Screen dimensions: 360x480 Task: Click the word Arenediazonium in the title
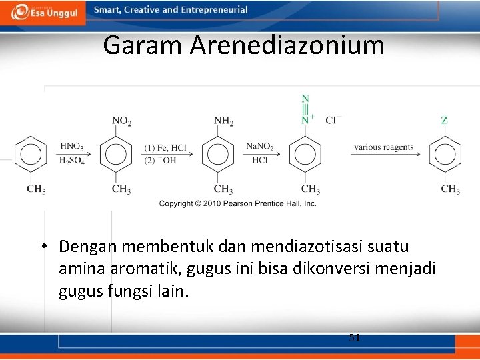point(287,45)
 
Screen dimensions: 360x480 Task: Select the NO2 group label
point(121,121)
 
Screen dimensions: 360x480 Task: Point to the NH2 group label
point(223,121)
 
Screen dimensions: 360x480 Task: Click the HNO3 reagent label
point(71,147)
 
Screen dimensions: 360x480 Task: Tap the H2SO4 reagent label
point(71,161)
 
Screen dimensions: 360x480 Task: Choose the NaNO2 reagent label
point(259,147)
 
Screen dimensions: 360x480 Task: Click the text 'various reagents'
point(383,147)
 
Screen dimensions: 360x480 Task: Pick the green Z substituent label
point(444,121)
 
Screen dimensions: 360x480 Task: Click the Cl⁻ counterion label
point(333,120)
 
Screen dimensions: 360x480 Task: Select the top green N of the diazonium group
point(305,99)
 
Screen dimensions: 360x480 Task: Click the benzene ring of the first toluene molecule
point(30,155)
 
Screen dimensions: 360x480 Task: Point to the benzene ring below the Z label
point(444,155)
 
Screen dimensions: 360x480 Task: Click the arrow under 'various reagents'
point(385,155)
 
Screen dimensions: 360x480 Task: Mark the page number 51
point(355,338)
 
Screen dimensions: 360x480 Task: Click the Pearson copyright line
point(237,203)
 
